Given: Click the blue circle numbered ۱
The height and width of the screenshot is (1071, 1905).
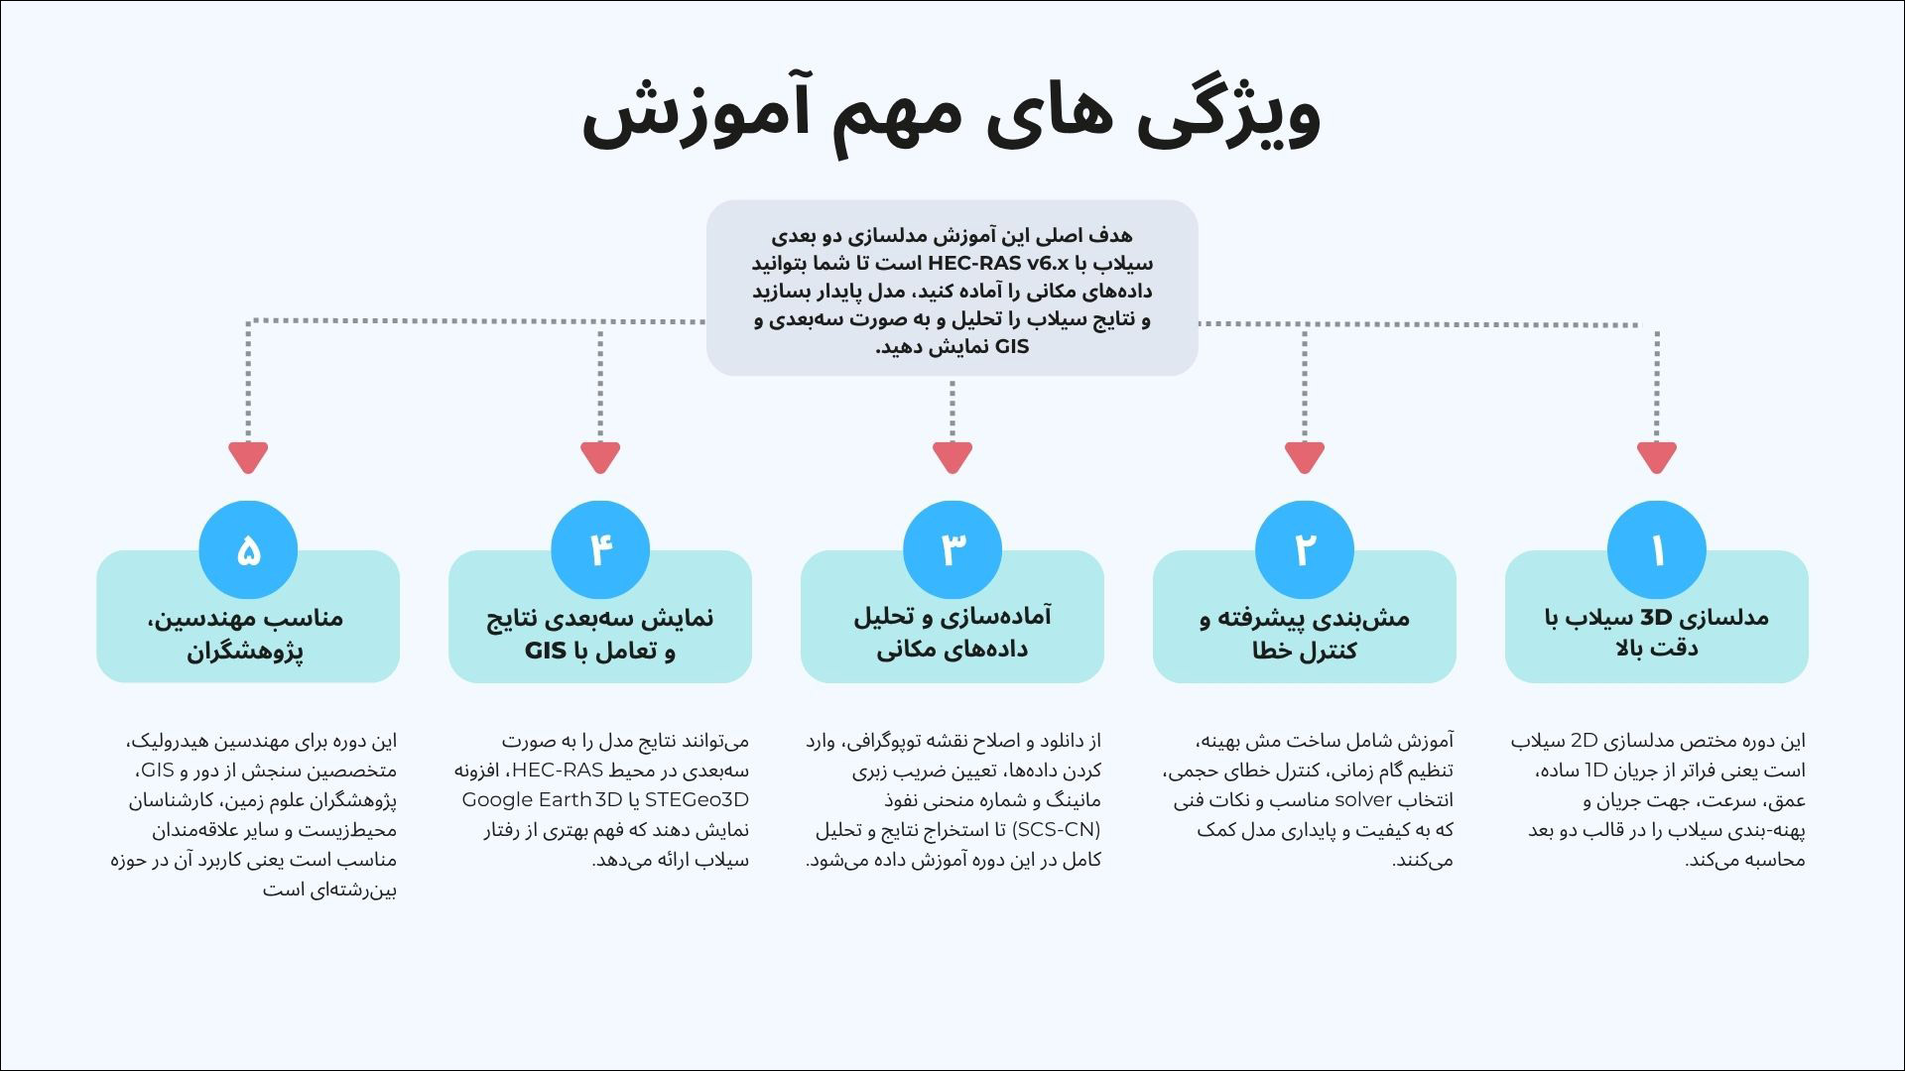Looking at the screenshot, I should click(1656, 550).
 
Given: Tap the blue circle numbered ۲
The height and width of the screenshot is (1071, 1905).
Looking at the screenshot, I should click(1304, 550).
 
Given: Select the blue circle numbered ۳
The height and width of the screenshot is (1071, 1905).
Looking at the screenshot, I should click(952, 550).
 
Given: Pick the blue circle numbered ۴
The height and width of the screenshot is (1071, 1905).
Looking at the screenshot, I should click(600, 550).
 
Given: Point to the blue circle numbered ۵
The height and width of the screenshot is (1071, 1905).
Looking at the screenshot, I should click(248, 550).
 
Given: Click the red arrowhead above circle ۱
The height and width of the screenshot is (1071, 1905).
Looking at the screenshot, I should click(1656, 457).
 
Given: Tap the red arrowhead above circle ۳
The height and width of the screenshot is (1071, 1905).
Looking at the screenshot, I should click(952, 457).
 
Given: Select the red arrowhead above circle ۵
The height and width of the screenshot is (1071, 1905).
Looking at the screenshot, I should click(248, 457).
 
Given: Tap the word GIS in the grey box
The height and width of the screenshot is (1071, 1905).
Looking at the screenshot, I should click(1012, 347).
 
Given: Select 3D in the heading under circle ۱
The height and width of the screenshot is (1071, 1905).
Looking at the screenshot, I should click(1656, 617).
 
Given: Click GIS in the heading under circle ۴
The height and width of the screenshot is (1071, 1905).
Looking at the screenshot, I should click(546, 652).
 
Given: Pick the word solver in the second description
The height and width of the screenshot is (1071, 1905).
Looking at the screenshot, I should click(1364, 800).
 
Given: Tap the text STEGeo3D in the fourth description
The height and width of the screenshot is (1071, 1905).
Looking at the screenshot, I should click(697, 800).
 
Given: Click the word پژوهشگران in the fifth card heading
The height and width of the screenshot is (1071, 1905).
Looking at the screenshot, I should click(245, 652).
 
